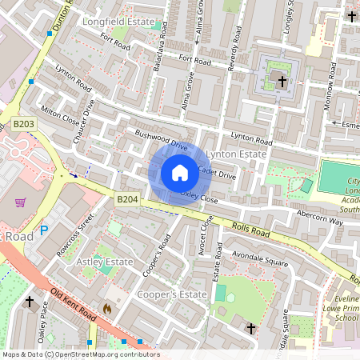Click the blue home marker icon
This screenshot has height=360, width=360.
[180, 173]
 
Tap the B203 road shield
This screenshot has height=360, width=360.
[23, 124]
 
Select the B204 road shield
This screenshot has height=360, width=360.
[127, 198]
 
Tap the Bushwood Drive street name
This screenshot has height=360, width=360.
[162, 141]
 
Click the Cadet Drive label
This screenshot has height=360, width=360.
[217, 173]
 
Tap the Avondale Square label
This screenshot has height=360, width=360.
[259, 261]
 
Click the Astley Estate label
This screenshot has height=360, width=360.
[103, 262]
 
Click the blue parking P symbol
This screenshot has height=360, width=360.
[44, 230]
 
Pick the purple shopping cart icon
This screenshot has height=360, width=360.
[20, 202]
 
